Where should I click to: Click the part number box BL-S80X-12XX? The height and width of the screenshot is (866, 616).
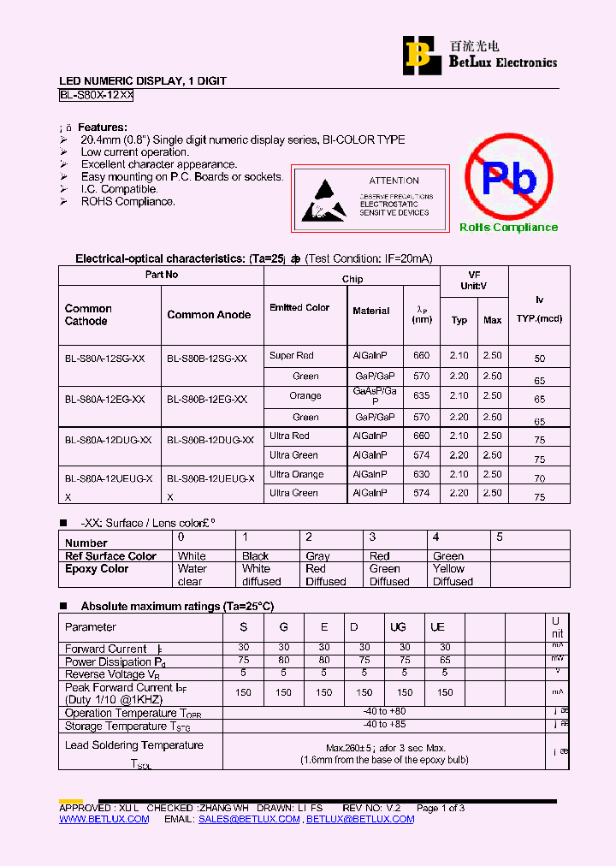pos(96,96)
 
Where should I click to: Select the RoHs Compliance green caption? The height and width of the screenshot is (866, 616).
pos(508,228)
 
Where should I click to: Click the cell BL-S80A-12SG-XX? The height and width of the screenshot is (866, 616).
pos(104,359)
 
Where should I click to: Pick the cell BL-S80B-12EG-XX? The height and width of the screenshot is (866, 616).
pos(207,400)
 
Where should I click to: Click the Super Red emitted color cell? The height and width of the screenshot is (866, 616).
pos(292,356)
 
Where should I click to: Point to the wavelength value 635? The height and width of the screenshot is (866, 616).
pos(421,396)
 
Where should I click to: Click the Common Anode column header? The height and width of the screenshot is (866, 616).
pos(209,315)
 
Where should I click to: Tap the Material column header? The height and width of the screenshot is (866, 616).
pos(370,311)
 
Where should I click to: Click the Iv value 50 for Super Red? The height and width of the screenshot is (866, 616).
pos(539,359)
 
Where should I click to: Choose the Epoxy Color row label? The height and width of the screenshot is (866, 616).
pos(97,569)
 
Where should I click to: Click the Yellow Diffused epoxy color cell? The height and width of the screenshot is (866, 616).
pos(453,575)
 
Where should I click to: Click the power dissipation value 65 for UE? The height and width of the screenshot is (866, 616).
pos(445,661)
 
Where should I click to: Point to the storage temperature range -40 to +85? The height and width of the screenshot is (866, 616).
pos(384,726)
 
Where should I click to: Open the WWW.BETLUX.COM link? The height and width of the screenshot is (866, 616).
pos(104,820)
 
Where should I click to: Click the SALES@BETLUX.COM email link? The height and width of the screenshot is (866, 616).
pos(249,820)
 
